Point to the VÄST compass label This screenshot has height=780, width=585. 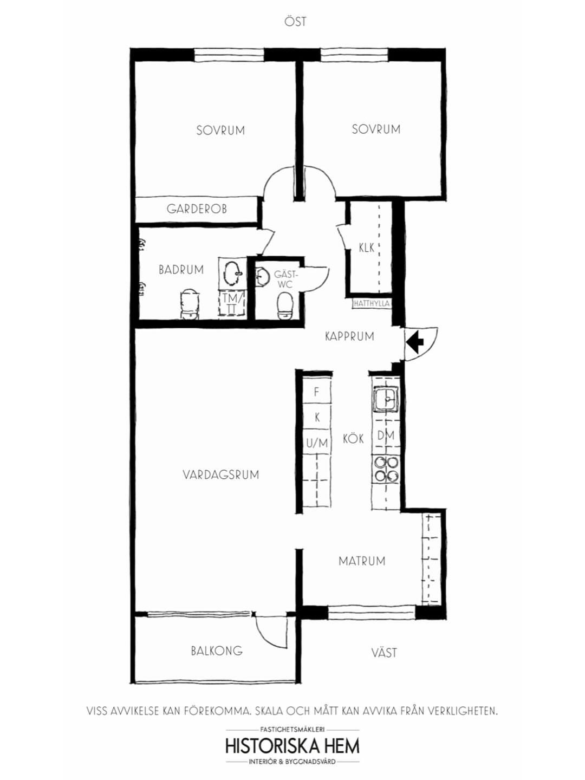coord(385,652)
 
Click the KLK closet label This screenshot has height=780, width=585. coord(367,248)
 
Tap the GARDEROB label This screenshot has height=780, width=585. coord(197,209)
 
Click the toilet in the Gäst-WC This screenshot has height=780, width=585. coord(284,306)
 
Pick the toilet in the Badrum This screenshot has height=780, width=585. coord(189,304)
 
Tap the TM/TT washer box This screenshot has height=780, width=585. coord(232,304)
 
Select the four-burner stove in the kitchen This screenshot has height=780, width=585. coord(386,469)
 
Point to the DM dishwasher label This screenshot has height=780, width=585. coord(386,435)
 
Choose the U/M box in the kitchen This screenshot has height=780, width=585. coord(316,443)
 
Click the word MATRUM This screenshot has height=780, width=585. coord(362,561)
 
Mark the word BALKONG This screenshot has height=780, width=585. coord(217,651)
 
